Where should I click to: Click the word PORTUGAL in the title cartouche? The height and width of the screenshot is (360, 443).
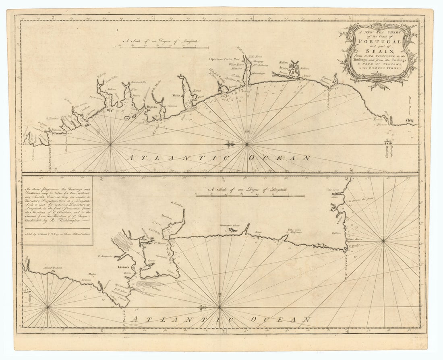click(378, 41)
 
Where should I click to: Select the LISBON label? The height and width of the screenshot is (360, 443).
click(123, 267)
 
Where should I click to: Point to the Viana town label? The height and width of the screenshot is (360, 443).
click(177, 96)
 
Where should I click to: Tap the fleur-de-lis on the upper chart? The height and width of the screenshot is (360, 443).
click(229, 144)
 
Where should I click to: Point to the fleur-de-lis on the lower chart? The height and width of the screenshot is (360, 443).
click(202, 307)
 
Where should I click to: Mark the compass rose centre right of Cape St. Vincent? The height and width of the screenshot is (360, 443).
click(383, 241)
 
